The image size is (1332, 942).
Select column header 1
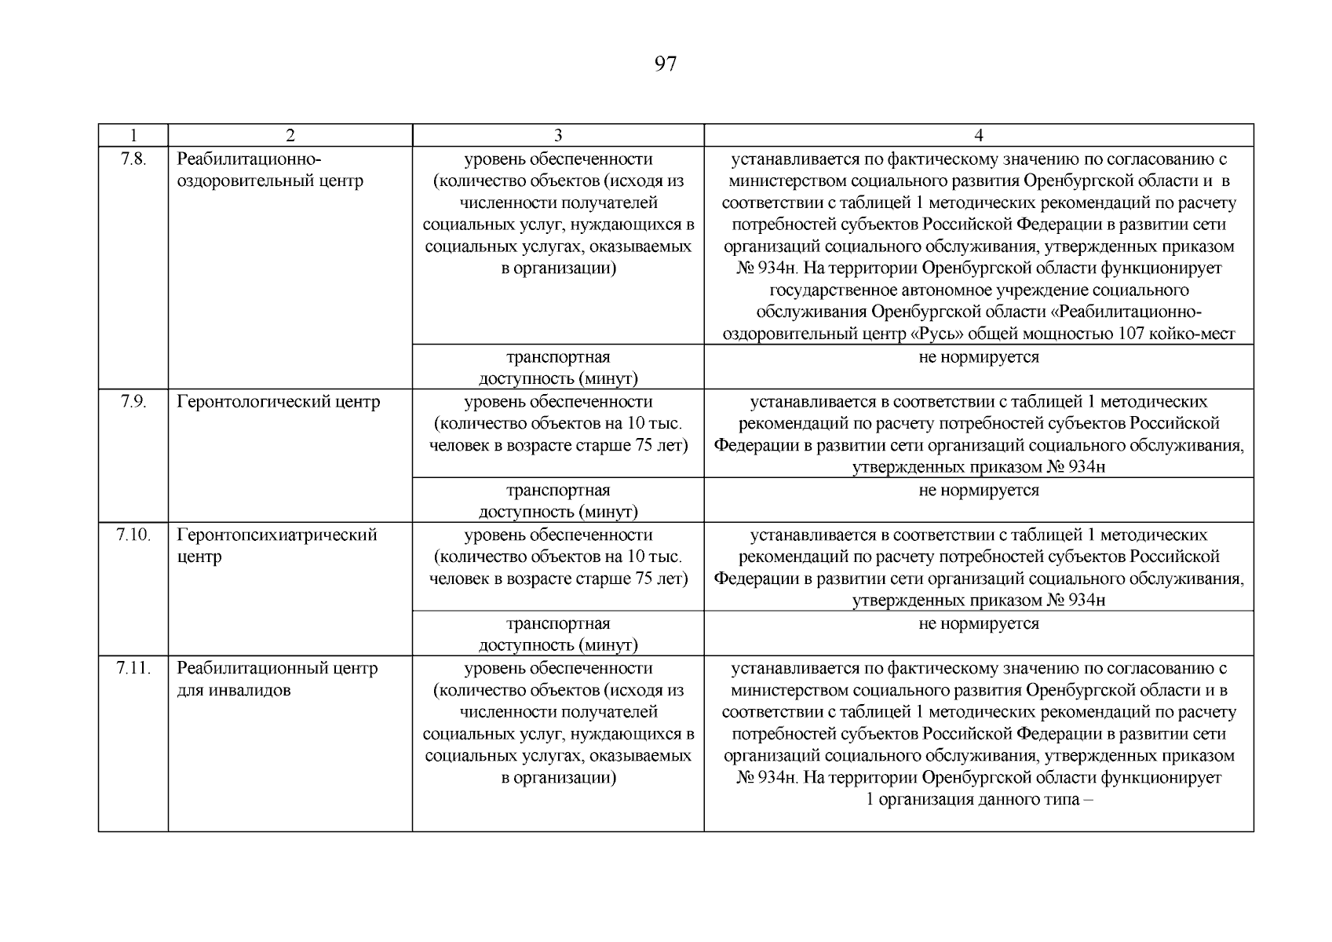(133, 135)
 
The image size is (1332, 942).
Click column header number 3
(557, 135)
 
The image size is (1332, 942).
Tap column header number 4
(978, 135)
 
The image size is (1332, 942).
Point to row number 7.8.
(133, 159)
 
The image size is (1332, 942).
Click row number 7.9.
(133, 402)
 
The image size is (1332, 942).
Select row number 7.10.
(133, 535)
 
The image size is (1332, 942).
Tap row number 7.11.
(133, 669)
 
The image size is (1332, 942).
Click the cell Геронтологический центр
(278, 402)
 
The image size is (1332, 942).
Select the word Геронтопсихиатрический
(276, 535)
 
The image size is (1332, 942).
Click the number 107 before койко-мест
(1129, 334)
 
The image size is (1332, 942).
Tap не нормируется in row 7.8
(978, 358)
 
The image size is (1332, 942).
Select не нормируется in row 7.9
(978, 491)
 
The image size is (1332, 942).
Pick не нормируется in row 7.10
(978, 625)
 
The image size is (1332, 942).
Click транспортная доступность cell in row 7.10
(557, 634)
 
